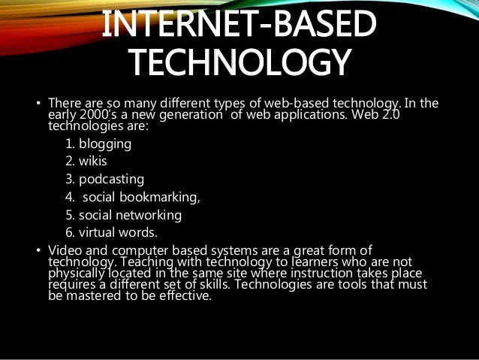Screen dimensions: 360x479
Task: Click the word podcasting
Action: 111,180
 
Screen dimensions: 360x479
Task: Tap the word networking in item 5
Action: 152,215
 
